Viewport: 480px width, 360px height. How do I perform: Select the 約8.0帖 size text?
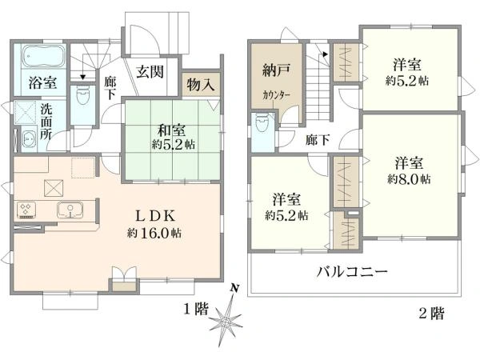tap(409, 177)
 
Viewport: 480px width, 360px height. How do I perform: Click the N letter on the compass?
tap(234, 288)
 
